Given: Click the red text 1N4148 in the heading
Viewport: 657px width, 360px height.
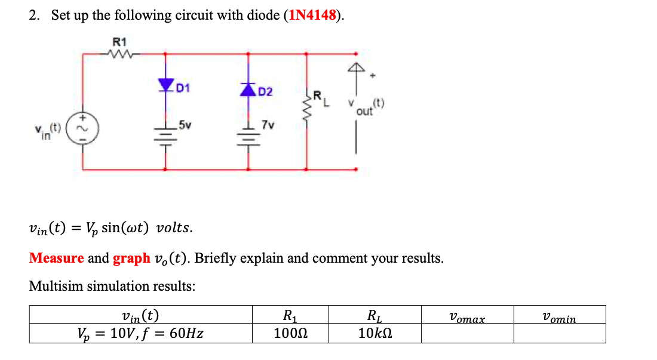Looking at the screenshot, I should [x=312, y=16].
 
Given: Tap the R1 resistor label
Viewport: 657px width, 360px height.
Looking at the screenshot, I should [x=120, y=42].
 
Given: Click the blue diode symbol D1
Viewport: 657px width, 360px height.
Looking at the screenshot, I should [x=165, y=86].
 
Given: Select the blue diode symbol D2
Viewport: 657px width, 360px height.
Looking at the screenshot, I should [x=248, y=89].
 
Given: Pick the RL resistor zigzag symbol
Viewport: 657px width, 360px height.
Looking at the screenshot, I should [x=307, y=107].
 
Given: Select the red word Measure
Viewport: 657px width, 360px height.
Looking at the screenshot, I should [x=56, y=258].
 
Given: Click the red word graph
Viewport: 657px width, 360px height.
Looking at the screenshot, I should [x=131, y=258].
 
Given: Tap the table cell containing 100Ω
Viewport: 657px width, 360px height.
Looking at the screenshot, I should [x=290, y=333].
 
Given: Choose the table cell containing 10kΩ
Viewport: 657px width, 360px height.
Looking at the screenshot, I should [x=375, y=333].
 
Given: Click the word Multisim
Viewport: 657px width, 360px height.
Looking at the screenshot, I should [x=56, y=286].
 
